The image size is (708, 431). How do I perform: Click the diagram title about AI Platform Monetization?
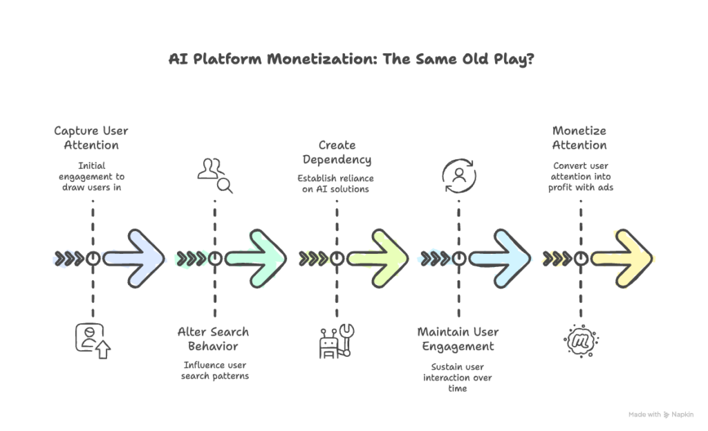pyautogui.click(x=353, y=59)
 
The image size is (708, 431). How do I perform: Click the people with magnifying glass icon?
pyautogui.click(x=215, y=175)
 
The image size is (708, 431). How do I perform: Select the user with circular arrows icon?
pyautogui.click(x=458, y=175)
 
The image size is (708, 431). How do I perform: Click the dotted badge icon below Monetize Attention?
pyautogui.click(x=581, y=340)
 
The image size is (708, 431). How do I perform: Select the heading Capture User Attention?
pyautogui.click(x=92, y=138)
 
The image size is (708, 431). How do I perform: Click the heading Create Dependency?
pyautogui.click(x=337, y=152)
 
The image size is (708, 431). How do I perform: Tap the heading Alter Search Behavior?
pyautogui.click(x=214, y=339)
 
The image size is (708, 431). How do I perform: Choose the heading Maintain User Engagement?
pyautogui.click(x=458, y=339)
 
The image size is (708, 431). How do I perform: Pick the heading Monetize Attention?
pyautogui.click(x=579, y=138)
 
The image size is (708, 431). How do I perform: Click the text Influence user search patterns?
pyautogui.click(x=214, y=370)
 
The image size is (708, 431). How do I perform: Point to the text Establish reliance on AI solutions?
pyautogui.click(x=337, y=183)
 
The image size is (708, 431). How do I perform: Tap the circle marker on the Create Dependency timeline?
pyautogui.click(x=337, y=258)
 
